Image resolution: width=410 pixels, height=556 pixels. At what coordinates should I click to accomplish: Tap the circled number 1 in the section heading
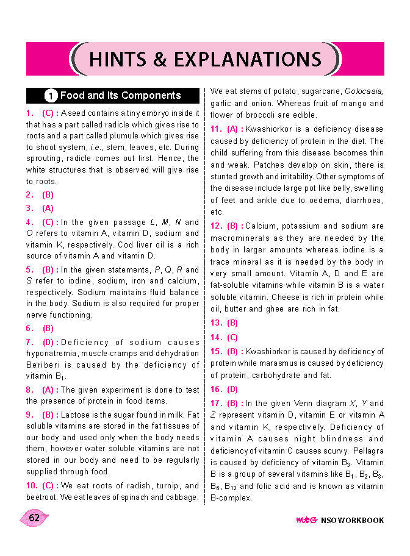(x=51, y=96)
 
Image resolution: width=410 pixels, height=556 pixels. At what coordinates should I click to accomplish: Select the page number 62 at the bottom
(x=34, y=518)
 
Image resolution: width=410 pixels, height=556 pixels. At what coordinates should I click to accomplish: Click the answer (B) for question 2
(x=48, y=195)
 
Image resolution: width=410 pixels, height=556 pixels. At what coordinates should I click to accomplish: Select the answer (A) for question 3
(x=48, y=208)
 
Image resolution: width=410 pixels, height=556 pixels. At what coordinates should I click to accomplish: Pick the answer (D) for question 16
(x=232, y=389)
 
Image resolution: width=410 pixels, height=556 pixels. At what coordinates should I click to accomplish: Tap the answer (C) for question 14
(x=232, y=337)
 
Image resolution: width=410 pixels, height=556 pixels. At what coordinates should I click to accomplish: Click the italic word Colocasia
(x=364, y=91)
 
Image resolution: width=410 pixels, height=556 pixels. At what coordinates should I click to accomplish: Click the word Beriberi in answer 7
(x=43, y=365)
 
